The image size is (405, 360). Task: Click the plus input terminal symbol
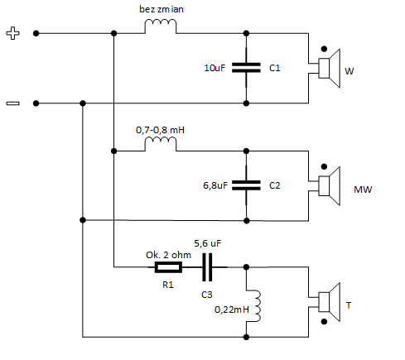point(13,33)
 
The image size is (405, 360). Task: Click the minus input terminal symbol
point(13,103)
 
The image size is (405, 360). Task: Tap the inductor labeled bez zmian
point(161,22)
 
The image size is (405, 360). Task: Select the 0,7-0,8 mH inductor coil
point(161,139)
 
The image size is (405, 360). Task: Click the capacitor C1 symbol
point(246,68)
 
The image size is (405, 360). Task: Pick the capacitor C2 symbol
point(246,185)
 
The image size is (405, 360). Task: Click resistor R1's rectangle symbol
point(168,267)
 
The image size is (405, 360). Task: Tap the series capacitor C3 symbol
point(207,267)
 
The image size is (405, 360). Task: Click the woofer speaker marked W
point(329,68)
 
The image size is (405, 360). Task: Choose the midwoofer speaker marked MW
point(329,186)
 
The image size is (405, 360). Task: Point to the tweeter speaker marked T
point(329,302)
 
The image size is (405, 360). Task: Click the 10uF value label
point(215,68)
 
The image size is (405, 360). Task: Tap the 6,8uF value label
point(215,185)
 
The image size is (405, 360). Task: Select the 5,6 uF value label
point(208,243)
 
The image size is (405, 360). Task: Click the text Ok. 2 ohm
point(168,255)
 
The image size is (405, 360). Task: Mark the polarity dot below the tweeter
point(324,322)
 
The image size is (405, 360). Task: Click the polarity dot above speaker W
point(324,49)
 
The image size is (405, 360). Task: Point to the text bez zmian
point(162,9)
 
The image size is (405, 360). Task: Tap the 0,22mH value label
point(232,310)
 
